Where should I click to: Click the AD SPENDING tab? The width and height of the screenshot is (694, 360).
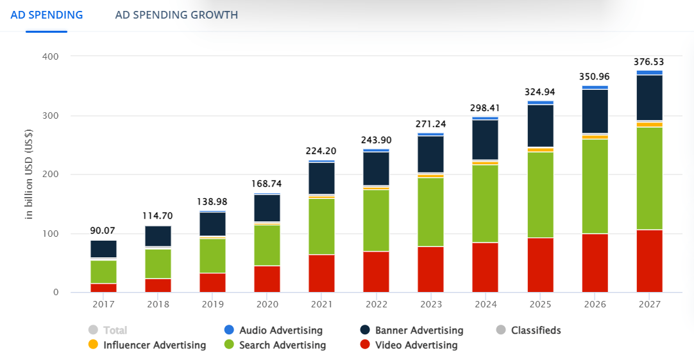(x=46, y=15)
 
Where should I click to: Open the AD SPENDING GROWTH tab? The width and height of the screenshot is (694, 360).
(x=176, y=15)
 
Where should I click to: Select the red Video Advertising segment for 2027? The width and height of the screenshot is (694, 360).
(x=649, y=261)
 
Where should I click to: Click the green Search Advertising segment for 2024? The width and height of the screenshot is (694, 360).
(x=486, y=203)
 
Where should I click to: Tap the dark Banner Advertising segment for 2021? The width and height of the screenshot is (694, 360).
(x=321, y=178)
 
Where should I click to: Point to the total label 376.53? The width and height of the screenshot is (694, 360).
(x=649, y=62)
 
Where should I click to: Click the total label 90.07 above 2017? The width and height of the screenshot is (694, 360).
(x=103, y=230)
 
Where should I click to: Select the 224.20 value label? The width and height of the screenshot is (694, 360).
(x=321, y=151)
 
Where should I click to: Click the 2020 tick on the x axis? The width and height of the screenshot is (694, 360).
(x=267, y=304)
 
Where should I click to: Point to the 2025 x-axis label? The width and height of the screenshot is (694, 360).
(x=540, y=304)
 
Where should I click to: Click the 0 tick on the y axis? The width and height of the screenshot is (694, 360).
(x=56, y=293)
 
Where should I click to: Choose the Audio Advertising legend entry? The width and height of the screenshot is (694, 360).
(x=280, y=330)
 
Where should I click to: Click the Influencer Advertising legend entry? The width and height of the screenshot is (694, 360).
(x=154, y=345)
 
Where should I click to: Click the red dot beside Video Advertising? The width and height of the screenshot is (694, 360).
(x=365, y=345)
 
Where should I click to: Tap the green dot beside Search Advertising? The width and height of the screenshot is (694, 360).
(x=229, y=345)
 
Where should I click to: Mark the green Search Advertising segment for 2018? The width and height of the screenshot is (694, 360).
(x=158, y=263)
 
